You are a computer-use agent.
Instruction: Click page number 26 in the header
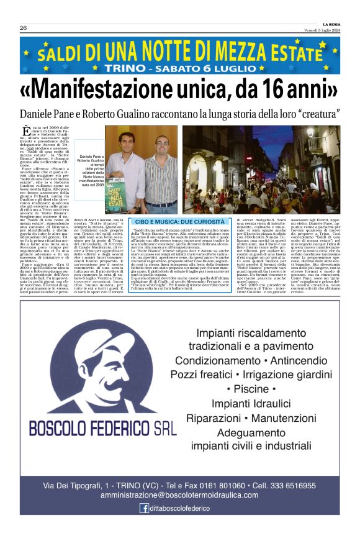(x=23, y=28)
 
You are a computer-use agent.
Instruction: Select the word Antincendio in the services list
(x=298, y=360)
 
